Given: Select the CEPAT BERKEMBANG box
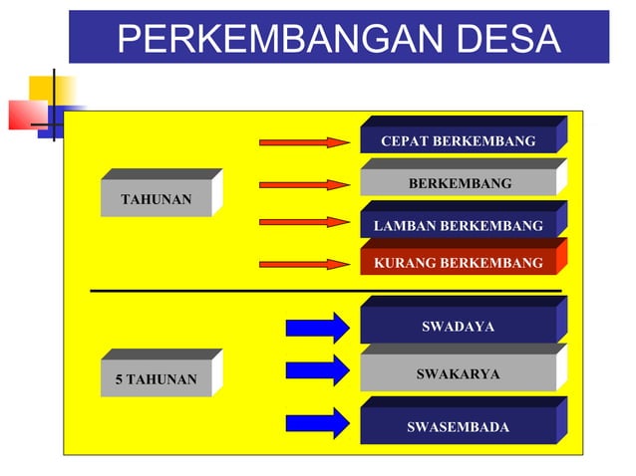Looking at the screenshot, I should coord(458,140).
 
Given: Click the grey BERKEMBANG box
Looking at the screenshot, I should coord(459,183).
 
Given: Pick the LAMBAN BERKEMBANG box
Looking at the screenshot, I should coord(458,226).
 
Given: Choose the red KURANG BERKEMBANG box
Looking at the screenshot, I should coord(458,263).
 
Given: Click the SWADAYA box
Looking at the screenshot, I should coord(458,326).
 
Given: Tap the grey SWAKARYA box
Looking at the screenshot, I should coord(458,373).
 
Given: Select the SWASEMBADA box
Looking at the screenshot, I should coord(458,427).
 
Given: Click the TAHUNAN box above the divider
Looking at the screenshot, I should coord(157,199).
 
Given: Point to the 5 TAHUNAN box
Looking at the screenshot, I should coord(157,379).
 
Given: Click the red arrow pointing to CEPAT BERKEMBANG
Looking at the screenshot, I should coord(304,142).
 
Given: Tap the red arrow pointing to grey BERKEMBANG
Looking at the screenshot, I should coord(304,184).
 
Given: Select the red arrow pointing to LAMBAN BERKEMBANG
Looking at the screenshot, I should coord(304,222).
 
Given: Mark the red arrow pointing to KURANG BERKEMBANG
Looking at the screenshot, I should coord(304,264).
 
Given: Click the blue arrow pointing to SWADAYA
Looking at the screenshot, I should coord(317,328).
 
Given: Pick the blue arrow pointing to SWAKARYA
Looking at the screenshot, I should coord(317,371).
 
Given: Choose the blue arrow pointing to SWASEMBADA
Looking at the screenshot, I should coord(317,423).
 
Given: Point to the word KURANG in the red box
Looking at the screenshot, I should coord(404,263).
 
